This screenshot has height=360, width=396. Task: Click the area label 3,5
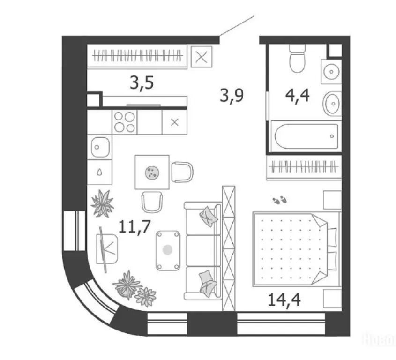142,84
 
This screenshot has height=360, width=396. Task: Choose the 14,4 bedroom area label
284,299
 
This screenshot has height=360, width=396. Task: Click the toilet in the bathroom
297,58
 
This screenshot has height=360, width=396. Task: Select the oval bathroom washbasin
332,100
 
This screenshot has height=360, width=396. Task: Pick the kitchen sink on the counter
99,147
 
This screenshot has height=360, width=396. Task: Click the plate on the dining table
152,172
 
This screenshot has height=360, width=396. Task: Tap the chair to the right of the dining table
182,172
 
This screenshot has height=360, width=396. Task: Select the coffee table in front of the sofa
168,250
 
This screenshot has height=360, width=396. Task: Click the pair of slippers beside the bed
280,201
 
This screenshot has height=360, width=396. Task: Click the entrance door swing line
237,26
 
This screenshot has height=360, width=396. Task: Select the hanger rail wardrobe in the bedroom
302,166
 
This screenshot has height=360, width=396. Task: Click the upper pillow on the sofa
207,215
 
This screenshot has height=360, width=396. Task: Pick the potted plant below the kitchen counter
102,203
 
